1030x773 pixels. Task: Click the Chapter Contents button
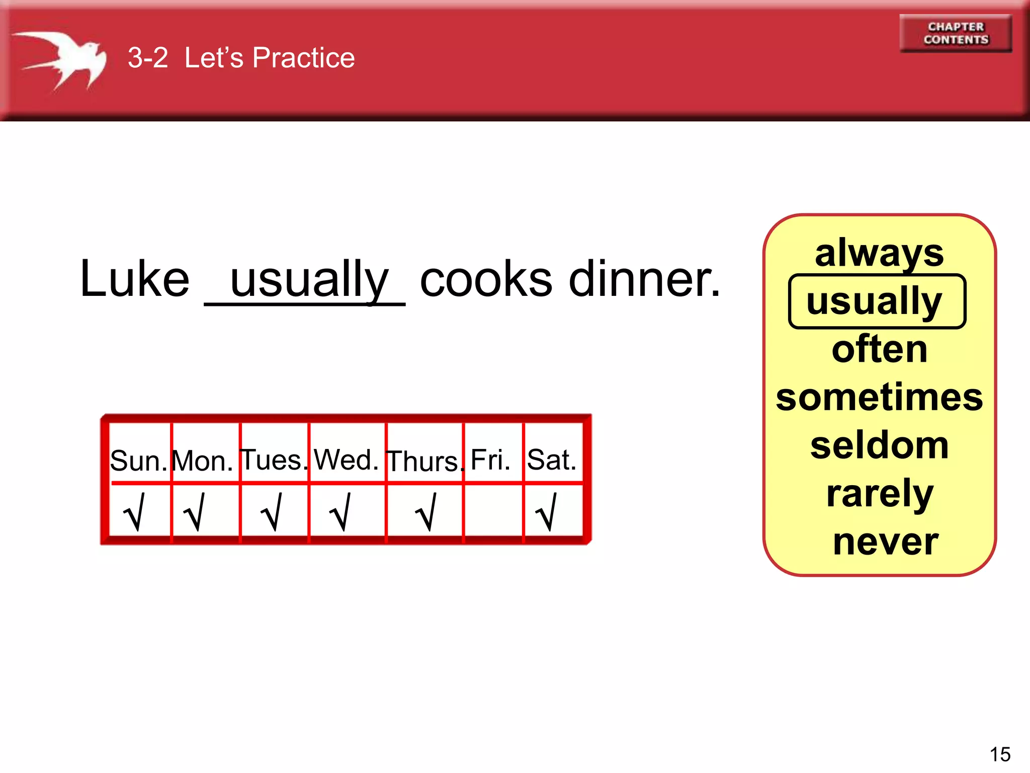tap(955, 33)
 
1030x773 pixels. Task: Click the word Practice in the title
tap(303, 57)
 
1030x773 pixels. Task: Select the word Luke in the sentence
tap(135, 279)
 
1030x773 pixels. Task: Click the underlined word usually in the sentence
tap(309, 280)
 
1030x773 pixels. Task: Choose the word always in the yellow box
tap(879, 253)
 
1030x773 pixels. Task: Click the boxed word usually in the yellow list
tap(877, 301)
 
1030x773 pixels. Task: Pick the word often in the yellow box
tap(879, 349)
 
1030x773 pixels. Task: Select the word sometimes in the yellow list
tap(879, 398)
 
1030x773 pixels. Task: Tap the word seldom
tap(879, 446)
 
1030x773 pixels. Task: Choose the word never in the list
tap(885, 542)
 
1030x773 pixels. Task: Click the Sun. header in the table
tap(138, 460)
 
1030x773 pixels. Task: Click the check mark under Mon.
tap(195, 512)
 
